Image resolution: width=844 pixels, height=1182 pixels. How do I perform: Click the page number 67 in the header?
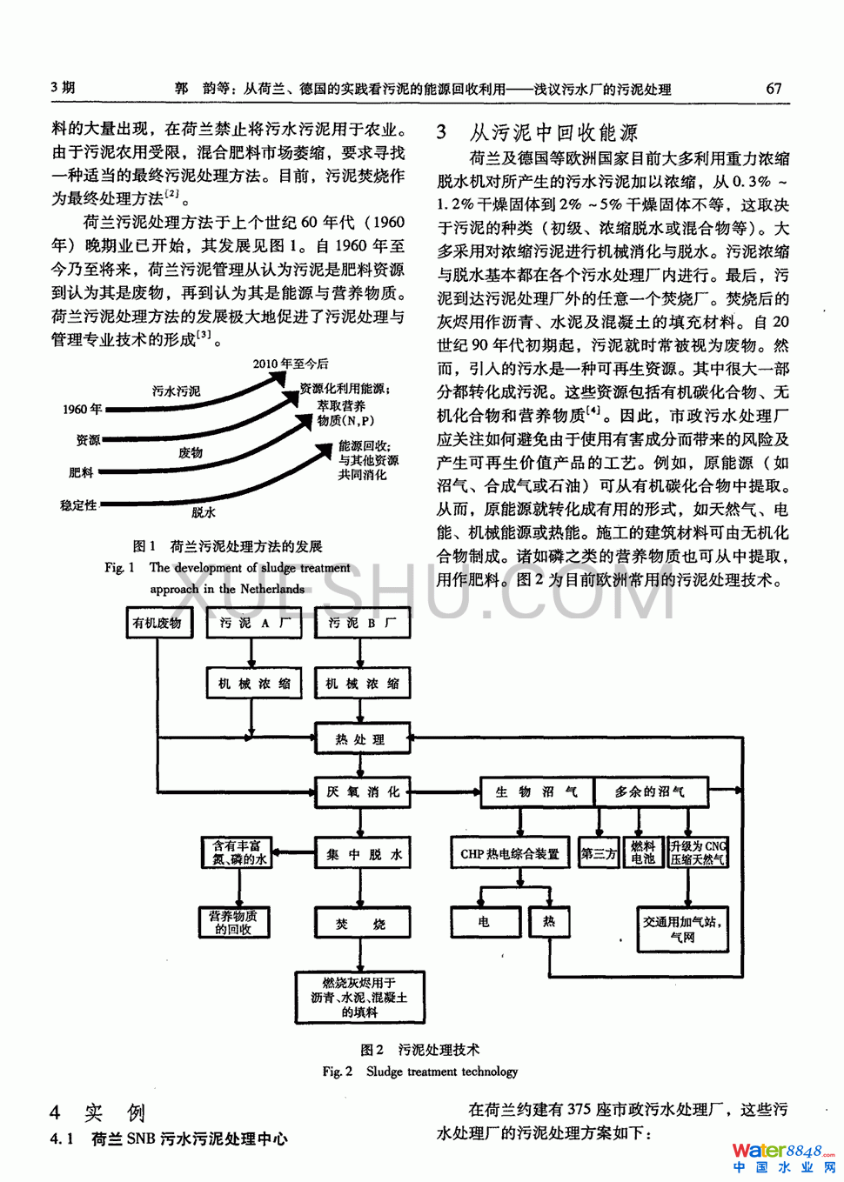(x=774, y=88)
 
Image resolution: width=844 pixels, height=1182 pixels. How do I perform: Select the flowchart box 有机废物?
(x=157, y=623)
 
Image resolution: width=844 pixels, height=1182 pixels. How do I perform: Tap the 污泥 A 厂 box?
(x=254, y=623)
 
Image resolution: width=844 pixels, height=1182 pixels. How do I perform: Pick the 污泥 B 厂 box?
(x=362, y=623)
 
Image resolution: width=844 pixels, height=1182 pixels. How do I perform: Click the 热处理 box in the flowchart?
(x=361, y=739)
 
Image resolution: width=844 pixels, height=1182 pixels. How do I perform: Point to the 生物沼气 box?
(x=535, y=791)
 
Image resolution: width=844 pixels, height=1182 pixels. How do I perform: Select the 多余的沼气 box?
(x=649, y=791)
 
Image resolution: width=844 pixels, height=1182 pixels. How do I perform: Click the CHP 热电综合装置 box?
(x=510, y=854)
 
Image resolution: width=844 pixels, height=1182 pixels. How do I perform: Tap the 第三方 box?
(x=599, y=854)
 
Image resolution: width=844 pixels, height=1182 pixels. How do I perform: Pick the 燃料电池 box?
(x=643, y=852)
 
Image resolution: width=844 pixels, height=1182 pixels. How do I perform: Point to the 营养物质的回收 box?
(x=233, y=922)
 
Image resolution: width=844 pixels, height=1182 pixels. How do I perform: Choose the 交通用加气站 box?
(x=683, y=929)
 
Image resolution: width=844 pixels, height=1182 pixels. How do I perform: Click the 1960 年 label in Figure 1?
(x=82, y=409)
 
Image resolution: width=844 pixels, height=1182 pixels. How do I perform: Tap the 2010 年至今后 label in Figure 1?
(x=291, y=364)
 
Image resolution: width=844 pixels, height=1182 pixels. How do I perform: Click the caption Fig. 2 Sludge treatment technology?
(x=420, y=1072)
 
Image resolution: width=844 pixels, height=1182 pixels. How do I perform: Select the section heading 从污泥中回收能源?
(x=553, y=132)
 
